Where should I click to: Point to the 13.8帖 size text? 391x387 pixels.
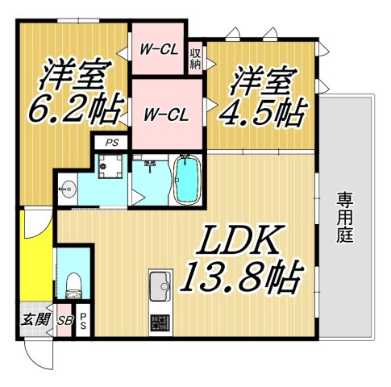point(242,279)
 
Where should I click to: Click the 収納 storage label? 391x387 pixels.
point(196,59)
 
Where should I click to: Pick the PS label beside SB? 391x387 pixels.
point(82,320)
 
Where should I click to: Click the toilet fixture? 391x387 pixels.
point(73,283)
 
